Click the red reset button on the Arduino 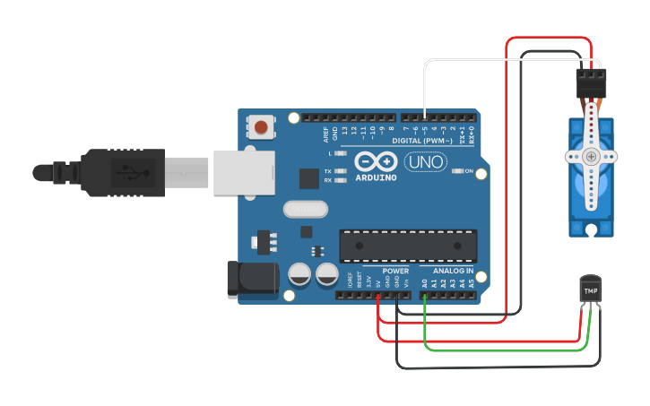click(261, 127)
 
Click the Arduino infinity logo click(376, 161)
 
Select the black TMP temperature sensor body click(590, 289)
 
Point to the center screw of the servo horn click(591, 156)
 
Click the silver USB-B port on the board click(242, 172)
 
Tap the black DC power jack click(250, 279)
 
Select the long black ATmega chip click(408, 246)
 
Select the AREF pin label click(325, 134)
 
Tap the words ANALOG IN click(453, 271)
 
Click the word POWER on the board click(395, 271)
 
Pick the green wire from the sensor click(502, 350)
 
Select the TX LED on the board click(338, 170)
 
